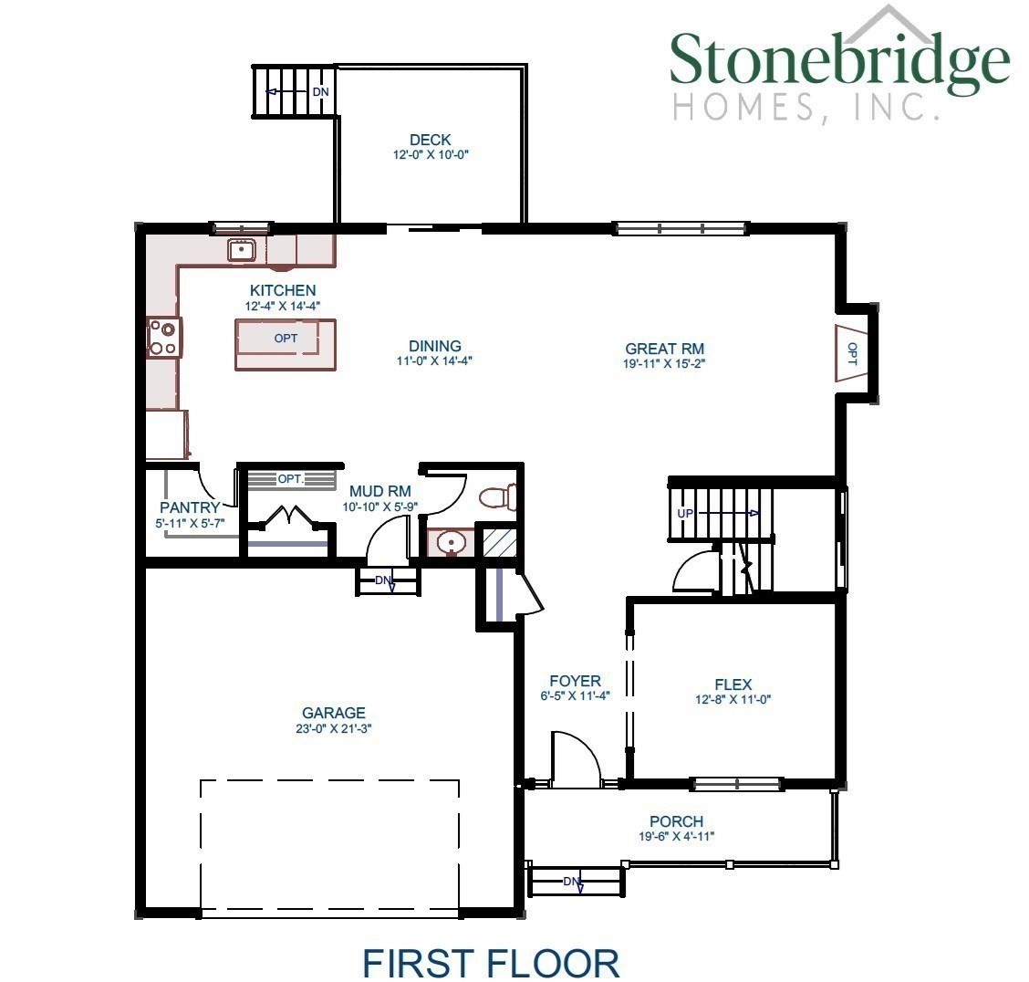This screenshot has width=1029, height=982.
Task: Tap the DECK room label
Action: point(431,140)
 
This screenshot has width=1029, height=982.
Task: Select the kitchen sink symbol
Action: point(242,248)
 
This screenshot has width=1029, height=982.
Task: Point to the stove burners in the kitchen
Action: point(163,336)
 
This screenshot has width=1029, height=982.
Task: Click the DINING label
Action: point(434,346)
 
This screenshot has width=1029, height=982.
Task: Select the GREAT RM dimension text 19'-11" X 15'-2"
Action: point(664,363)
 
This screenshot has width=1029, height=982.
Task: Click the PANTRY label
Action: point(190,507)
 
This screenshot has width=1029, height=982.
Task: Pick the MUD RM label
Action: point(380,492)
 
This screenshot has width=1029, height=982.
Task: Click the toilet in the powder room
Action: point(498,496)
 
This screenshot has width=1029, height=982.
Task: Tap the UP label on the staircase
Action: point(685,513)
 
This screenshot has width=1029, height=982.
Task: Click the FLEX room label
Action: point(733,684)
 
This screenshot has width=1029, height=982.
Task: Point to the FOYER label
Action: point(575,681)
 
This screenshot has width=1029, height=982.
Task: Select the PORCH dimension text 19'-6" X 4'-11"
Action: point(676,836)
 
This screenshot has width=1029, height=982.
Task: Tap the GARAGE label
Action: point(334,713)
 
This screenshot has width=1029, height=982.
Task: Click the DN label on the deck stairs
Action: point(320,92)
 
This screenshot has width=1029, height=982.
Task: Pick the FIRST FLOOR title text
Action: point(491,963)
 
